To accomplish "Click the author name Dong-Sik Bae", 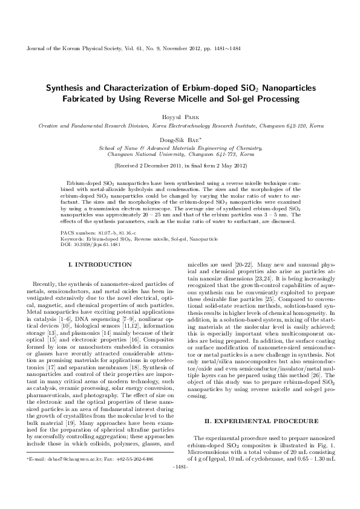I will click(x=179, y=138).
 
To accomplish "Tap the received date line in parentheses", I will click(x=180, y=164).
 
